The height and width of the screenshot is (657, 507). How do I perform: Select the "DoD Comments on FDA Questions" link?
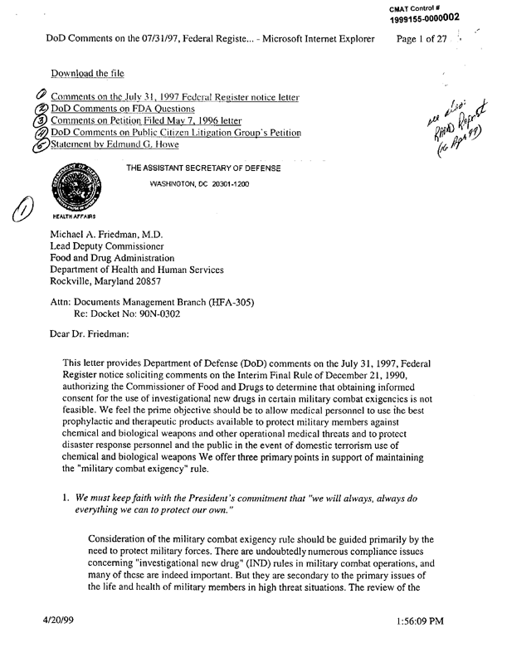pyautogui.click(x=123, y=109)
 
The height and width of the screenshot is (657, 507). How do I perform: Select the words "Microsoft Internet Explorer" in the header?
pyautogui.click(x=314, y=39)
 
